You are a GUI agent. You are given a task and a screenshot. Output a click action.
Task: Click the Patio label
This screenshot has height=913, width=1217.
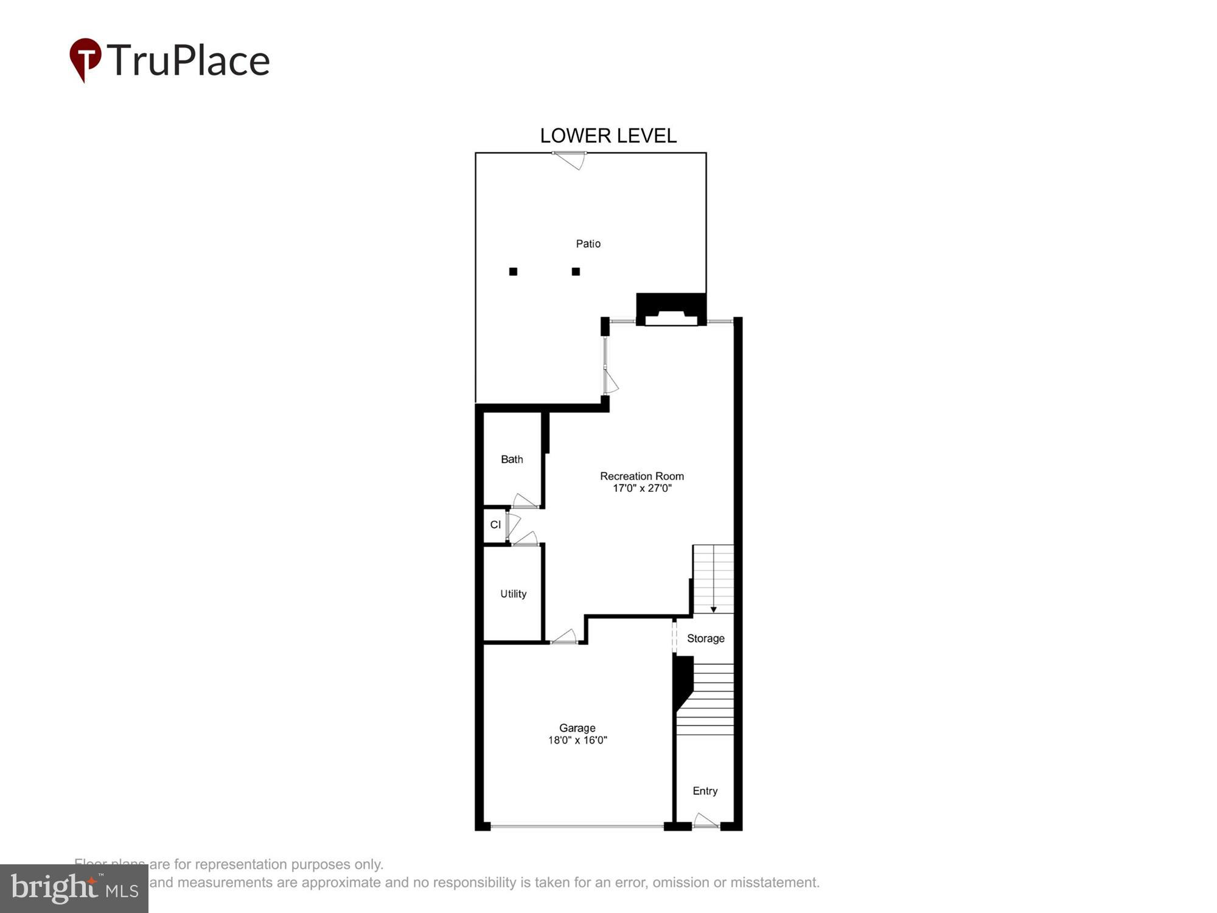click(x=588, y=243)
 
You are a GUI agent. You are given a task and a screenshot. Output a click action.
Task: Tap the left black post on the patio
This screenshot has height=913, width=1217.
click(x=513, y=271)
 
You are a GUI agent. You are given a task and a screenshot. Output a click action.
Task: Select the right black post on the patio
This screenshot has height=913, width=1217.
click(x=576, y=271)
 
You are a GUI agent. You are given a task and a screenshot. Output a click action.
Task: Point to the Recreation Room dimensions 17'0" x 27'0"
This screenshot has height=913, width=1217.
click(x=641, y=488)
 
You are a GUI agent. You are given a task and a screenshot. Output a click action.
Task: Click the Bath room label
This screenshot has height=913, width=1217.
click(x=512, y=459)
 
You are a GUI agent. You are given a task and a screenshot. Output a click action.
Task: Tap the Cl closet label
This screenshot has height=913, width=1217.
click(x=495, y=525)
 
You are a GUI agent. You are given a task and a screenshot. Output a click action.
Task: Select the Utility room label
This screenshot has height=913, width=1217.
click(x=513, y=593)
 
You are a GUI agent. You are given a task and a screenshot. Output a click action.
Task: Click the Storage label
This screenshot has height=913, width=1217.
click(x=705, y=638)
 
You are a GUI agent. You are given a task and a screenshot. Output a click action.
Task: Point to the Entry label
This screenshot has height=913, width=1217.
click(x=705, y=791)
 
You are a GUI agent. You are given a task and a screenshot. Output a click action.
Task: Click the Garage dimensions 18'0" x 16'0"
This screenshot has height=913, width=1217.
click(x=577, y=740)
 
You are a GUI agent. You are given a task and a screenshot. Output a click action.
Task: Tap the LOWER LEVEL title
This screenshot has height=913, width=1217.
click(x=608, y=136)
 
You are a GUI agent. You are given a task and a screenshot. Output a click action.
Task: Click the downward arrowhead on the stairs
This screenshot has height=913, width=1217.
click(x=713, y=609)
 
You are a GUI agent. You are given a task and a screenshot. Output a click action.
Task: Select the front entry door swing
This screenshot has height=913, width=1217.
click(x=705, y=821)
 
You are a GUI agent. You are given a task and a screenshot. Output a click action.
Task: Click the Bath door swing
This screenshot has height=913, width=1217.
click(x=525, y=502)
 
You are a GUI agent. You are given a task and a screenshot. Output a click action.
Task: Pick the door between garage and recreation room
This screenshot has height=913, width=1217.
click(x=564, y=637)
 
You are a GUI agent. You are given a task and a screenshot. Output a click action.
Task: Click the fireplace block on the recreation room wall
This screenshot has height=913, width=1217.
click(x=671, y=309)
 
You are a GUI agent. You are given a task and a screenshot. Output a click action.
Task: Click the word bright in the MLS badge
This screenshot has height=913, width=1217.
click(x=55, y=888)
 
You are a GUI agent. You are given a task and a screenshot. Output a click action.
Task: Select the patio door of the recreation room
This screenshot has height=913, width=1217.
click(x=609, y=371)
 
